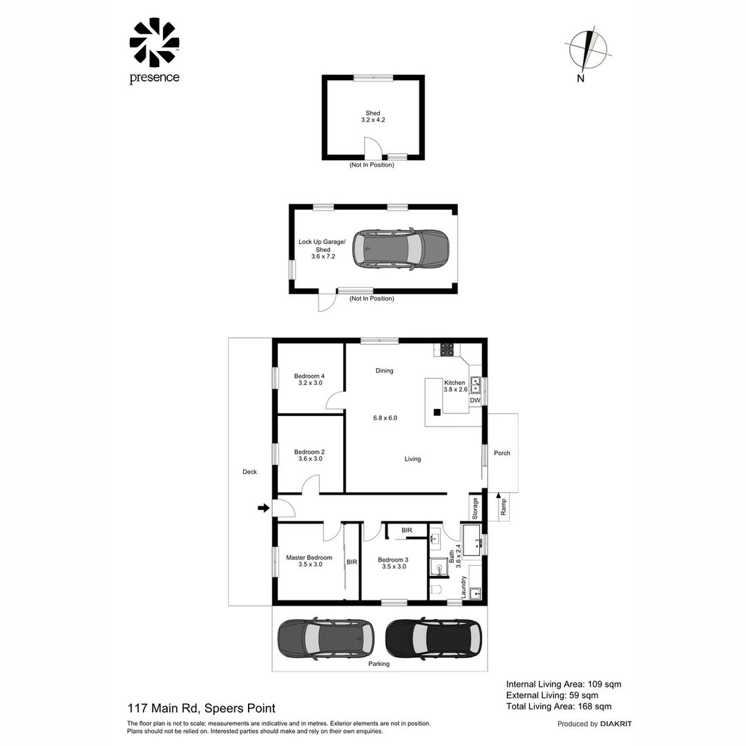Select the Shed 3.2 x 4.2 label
tap(373, 117)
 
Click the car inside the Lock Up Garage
tap(401, 249)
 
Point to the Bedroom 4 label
tap(309, 379)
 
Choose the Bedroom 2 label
tap(309, 455)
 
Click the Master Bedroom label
tap(309, 561)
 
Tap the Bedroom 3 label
tap(394, 563)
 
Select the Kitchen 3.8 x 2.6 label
tap(455, 386)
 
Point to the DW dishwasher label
tap(475, 401)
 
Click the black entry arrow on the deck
tap(263, 508)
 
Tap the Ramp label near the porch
tap(504, 507)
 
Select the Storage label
tap(475, 508)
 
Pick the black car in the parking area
tap(434, 637)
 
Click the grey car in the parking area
tap(325, 637)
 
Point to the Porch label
tap(502, 453)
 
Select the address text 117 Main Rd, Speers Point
tap(201, 708)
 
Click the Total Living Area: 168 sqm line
tap(559, 707)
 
